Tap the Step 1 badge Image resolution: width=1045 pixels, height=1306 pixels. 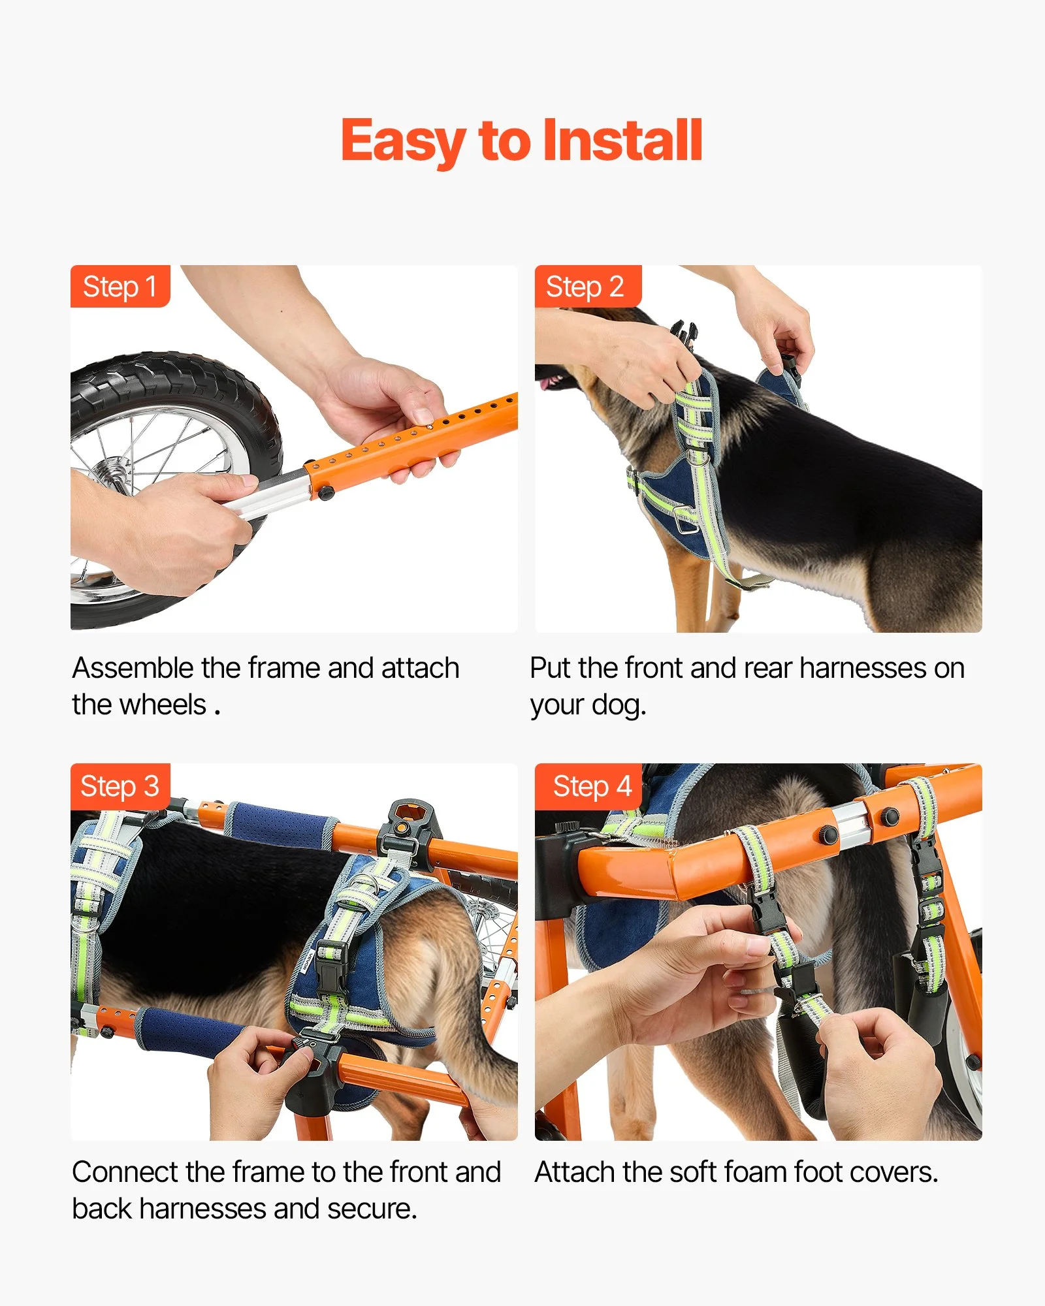[x=120, y=286]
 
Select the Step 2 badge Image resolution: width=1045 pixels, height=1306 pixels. [x=588, y=286]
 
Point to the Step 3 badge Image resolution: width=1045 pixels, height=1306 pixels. [x=120, y=786]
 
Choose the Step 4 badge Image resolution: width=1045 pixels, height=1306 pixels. [x=588, y=786]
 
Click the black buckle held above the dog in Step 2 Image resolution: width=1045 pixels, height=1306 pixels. [x=683, y=333]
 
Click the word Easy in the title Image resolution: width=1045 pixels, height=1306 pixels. [x=404, y=141]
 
